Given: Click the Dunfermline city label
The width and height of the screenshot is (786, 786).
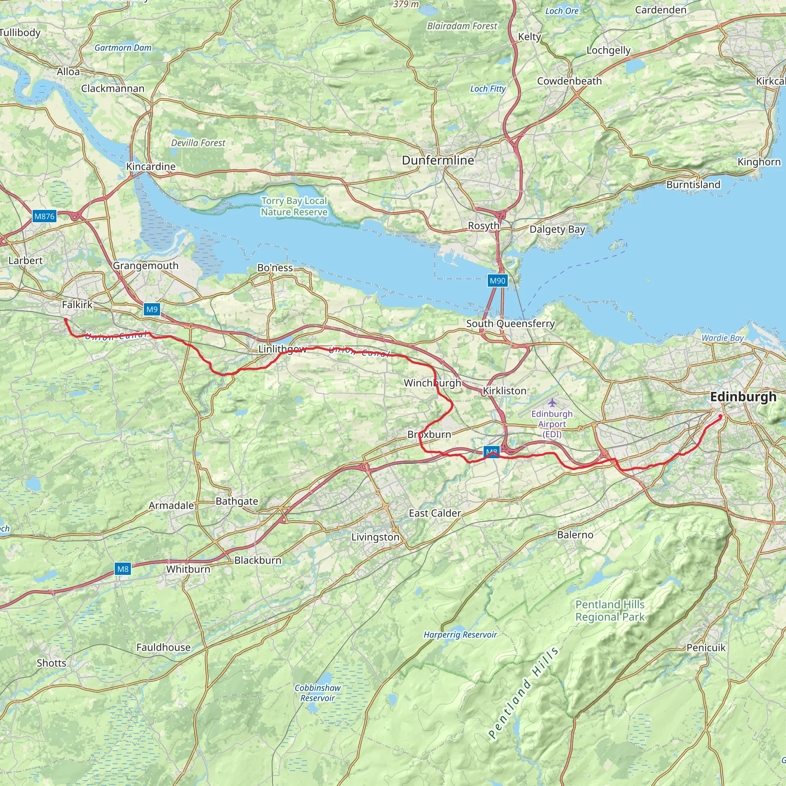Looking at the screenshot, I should [438, 160].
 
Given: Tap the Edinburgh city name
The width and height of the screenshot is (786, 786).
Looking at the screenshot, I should [743, 397].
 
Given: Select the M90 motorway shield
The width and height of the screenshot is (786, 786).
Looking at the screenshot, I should [497, 281].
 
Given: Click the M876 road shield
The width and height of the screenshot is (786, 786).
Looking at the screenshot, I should [44, 216].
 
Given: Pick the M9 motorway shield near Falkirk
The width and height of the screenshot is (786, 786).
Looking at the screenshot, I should [152, 310].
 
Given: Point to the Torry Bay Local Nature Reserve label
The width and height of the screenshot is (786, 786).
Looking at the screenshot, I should [294, 206].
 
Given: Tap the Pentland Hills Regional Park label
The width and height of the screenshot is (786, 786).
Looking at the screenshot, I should [609, 611].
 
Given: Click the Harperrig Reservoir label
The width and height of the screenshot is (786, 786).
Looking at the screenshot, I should [460, 635].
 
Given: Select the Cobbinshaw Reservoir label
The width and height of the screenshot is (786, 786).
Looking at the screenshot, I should [317, 693].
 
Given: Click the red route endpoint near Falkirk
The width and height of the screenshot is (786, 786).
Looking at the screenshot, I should [66, 320].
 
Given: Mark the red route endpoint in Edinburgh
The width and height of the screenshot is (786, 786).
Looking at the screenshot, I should [720, 416].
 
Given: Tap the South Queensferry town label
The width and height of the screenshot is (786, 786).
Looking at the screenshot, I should [510, 324].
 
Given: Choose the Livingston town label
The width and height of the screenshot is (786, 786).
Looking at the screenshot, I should [375, 537].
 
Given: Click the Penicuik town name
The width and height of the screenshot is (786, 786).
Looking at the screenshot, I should [706, 648].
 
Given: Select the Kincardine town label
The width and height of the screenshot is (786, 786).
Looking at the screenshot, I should [150, 167].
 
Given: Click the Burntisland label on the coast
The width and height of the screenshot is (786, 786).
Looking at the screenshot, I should [693, 185].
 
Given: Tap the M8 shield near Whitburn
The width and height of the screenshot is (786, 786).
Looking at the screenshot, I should [122, 569].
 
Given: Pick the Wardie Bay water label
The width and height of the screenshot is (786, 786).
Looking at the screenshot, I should [722, 338].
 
